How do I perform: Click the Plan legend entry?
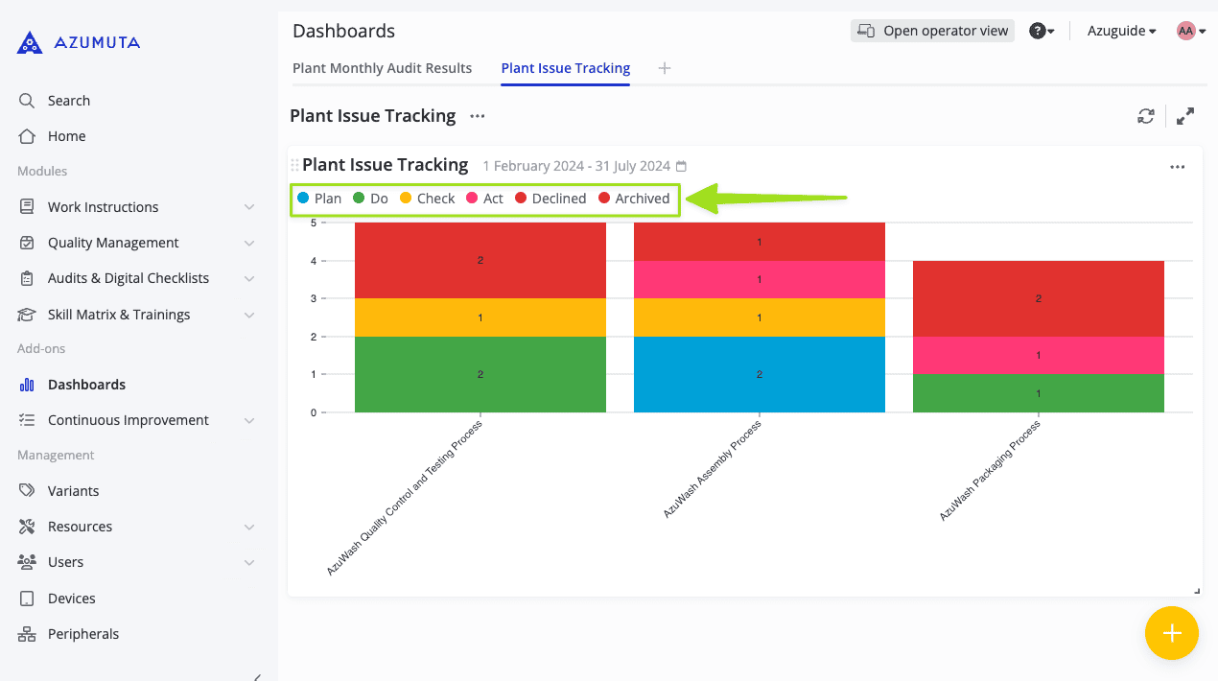click(x=319, y=199)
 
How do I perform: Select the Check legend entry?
click(x=427, y=199)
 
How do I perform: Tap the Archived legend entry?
click(x=634, y=199)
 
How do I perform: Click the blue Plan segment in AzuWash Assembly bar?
click(x=759, y=374)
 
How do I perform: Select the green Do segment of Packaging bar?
click(x=1038, y=393)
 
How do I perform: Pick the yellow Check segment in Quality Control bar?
click(x=480, y=317)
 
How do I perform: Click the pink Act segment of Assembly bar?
click(x=759, y=279)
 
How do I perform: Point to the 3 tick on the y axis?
click(x=313, y=298)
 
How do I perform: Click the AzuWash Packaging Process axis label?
click(x=990, y=470)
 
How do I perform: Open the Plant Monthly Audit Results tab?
click(x=382, y=68)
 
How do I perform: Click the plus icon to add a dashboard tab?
click(x=665, y=68)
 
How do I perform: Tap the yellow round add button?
click(x=1171, y=633)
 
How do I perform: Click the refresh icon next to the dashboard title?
click(x=1146, y=116)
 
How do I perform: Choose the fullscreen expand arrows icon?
click(x=1185, y=116)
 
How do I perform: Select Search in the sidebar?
click(x=68, y=101)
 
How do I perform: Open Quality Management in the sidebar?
click(x=113, y=243)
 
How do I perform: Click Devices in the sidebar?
click(x=71, y=599)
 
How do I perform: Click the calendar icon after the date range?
click(x=682, y=167)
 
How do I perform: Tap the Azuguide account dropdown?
click(x=1121, y=31)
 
